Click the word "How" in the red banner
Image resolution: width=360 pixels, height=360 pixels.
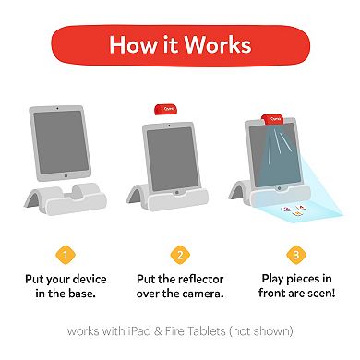coord(128,45)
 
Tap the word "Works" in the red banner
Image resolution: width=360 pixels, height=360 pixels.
coord(221,45)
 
